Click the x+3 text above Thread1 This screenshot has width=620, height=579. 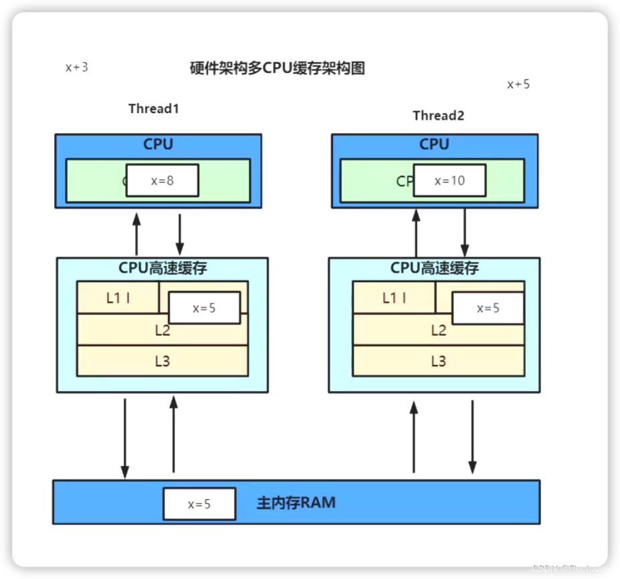pyautogui.click(x=76, y=67)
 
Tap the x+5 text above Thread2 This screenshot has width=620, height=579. pyautogui.click(x=518, y=84)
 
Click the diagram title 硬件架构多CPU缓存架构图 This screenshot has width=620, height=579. pyautogui.click(x=278, y=68)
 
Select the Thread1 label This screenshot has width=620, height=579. pyautogui.click(x=154, y=108)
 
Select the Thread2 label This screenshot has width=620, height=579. pyautogui.click(x=438, y=115)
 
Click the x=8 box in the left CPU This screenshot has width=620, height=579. pyautogui.click(x=162, y=181)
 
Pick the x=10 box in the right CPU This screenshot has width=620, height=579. pyautogui.click(x=449, y=181)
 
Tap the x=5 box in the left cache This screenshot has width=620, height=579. pyautogui.click(x=205, y=308)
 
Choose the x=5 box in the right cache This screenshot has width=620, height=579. pyautogui.click(x=488, y=308)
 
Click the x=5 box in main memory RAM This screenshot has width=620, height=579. pyautogui.click(x=199, y=504)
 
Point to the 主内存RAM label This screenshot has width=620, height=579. pyautogui.click(x=296, y=503)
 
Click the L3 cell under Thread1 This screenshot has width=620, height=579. pyautogui.click(x=163, y=362)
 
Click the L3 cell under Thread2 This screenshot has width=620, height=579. pyautogui.click(x=438, y=362)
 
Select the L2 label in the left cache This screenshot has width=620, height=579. pyautogui.click(x=163, y=330)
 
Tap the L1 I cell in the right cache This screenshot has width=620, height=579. pyautogui.click(x=394, y=298)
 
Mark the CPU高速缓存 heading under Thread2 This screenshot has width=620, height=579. pyautogui.click(x=434, y=269)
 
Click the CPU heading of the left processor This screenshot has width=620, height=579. pyautogui.click(x=158, y=144)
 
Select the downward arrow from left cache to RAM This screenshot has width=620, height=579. pyautogui.click(x=124, y=438)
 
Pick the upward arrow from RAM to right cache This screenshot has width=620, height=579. pyautogui.click(x=413, y=438)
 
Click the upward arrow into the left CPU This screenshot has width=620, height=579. pyautogui.click(x=136, y=234)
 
